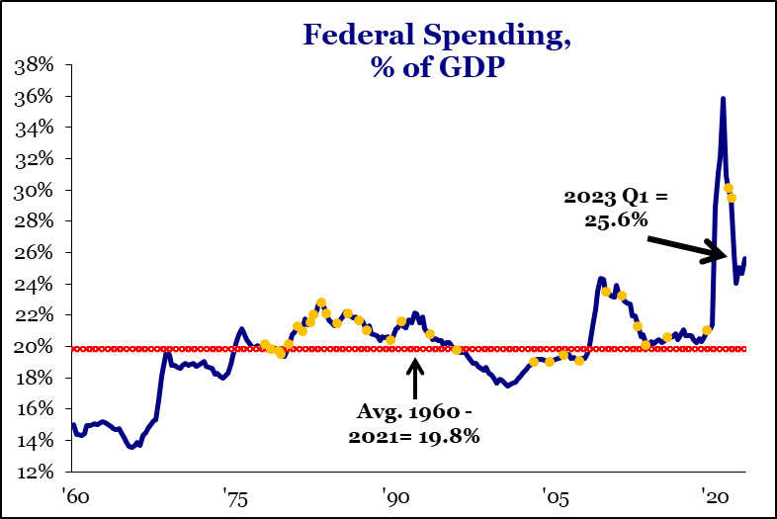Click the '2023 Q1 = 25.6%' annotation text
tap(616, 209)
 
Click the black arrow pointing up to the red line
tap(415, 377)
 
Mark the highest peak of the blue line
tap(723, 99)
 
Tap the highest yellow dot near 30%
tap(729, 188)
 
